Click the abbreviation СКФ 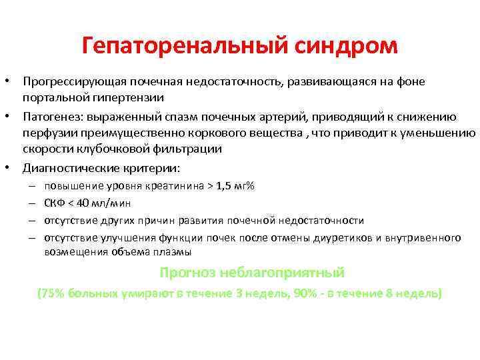[x=55, y=203]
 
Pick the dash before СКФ [x=33, y=203]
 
